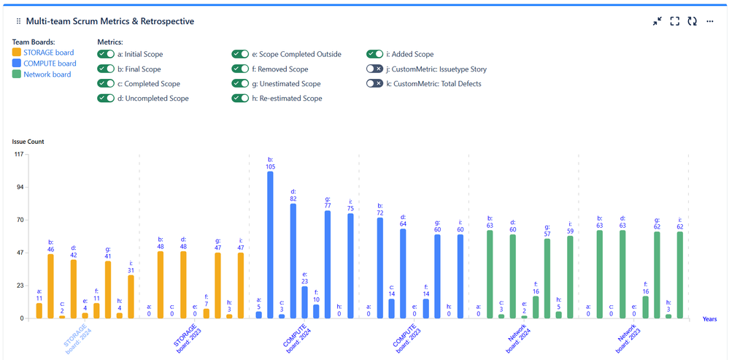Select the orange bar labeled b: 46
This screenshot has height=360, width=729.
[x=51, y=286]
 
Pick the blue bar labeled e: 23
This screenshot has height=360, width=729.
[x=304, y=302]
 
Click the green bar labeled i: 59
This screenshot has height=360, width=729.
[x=570, y=277]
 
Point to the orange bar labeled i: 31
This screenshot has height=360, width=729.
[x=131, y=296]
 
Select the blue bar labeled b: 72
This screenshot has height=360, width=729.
[x=379, y=268]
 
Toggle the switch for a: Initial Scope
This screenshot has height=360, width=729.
[x=106, y=54]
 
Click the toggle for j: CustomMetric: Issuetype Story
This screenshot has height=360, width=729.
[x=375, y=69]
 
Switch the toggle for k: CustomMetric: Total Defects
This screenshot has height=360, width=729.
[x=375, y=83]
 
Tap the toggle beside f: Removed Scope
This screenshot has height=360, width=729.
[x=240, y=69]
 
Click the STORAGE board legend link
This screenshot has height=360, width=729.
[x=49, y=53]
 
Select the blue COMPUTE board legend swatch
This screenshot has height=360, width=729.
[x=17, y=64]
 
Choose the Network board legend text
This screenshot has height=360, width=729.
[x=47, y=74]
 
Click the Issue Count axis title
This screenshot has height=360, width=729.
[x=28, y=141]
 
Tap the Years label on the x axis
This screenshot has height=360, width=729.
[x=709, y=319]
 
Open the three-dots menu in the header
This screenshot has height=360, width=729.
[x=709, y=21]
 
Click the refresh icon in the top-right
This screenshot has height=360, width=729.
[x=692, y=21]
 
